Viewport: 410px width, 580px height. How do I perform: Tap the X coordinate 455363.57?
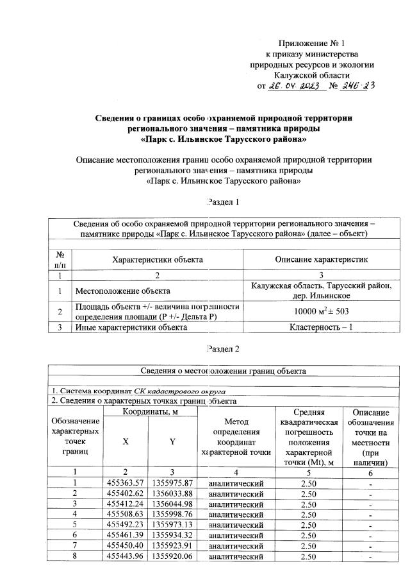(x=126, y=482)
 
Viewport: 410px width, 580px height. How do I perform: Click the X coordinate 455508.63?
(x=126, y=513)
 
